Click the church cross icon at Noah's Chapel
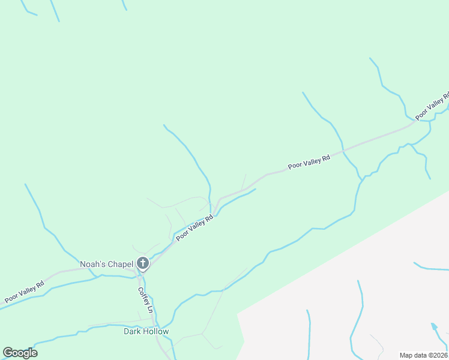pos(143,263)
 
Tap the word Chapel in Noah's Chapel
pos(120,264)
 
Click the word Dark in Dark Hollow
pos(132,331)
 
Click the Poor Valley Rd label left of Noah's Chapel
pos(24,292)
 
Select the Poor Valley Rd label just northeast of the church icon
pos(195,229)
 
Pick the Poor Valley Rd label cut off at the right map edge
pos(432,106)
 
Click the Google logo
pos(20,353)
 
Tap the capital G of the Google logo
pos(8,352)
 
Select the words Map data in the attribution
pos(413,355)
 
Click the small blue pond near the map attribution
pos(434,327)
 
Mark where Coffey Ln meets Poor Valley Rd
pos(140,275)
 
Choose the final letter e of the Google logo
pos(34,353)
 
